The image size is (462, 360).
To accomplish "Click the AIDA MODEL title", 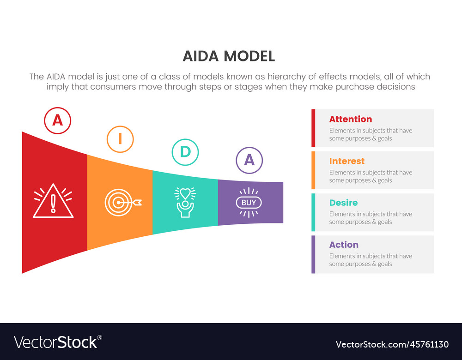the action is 229,56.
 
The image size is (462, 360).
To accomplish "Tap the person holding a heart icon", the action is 185,203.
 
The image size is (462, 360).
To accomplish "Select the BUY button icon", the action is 249,203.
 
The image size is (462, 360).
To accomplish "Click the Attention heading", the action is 351,119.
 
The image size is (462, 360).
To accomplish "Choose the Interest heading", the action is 347,162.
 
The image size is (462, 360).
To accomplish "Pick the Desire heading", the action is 344,203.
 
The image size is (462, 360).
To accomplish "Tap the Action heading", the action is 344,245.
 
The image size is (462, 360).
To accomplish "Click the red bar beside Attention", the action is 313,128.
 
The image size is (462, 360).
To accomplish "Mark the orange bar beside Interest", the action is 313,170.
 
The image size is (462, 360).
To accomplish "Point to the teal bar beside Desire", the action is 313,212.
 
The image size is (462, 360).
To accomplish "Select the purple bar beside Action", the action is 313,254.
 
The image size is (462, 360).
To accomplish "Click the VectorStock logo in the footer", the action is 58,342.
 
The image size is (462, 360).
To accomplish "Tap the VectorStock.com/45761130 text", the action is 392,344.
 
